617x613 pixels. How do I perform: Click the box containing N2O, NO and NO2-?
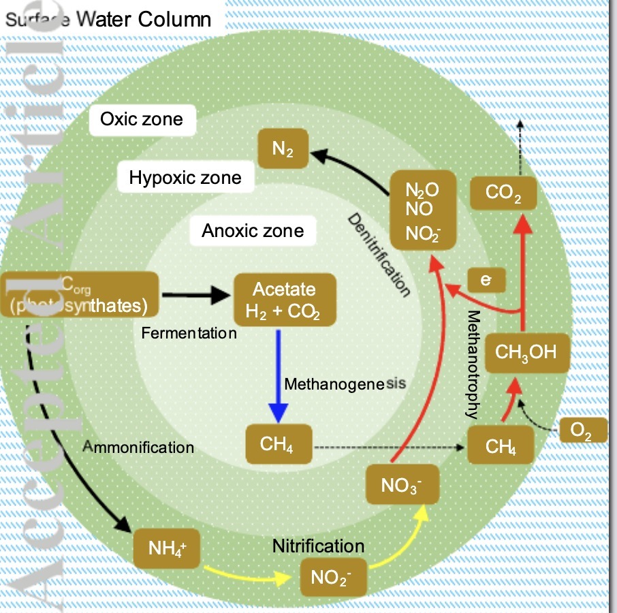[422, 211]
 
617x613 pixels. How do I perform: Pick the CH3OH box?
[526, 353]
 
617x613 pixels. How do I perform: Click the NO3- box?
[402, 486]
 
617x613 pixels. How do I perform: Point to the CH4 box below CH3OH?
[501, 446]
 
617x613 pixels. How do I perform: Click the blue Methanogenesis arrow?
[278, 375]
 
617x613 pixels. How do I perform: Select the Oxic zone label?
[142, 119]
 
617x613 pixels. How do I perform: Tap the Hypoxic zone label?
[185, 178]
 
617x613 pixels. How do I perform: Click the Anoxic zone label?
[253, 231]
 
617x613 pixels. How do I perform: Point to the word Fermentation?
[189, 334]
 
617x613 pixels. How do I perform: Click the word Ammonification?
[138, 447]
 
